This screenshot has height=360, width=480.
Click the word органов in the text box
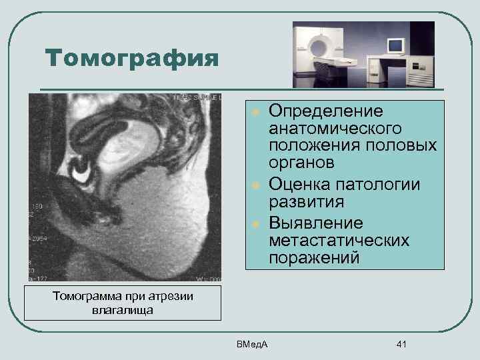(x=301, y=163)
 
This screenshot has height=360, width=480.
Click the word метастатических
(x=339, y=239)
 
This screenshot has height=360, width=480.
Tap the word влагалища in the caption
(x=122, y=311)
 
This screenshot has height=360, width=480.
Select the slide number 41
(x=401, y=344)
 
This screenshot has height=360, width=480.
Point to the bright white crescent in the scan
(x=83, y=173)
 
